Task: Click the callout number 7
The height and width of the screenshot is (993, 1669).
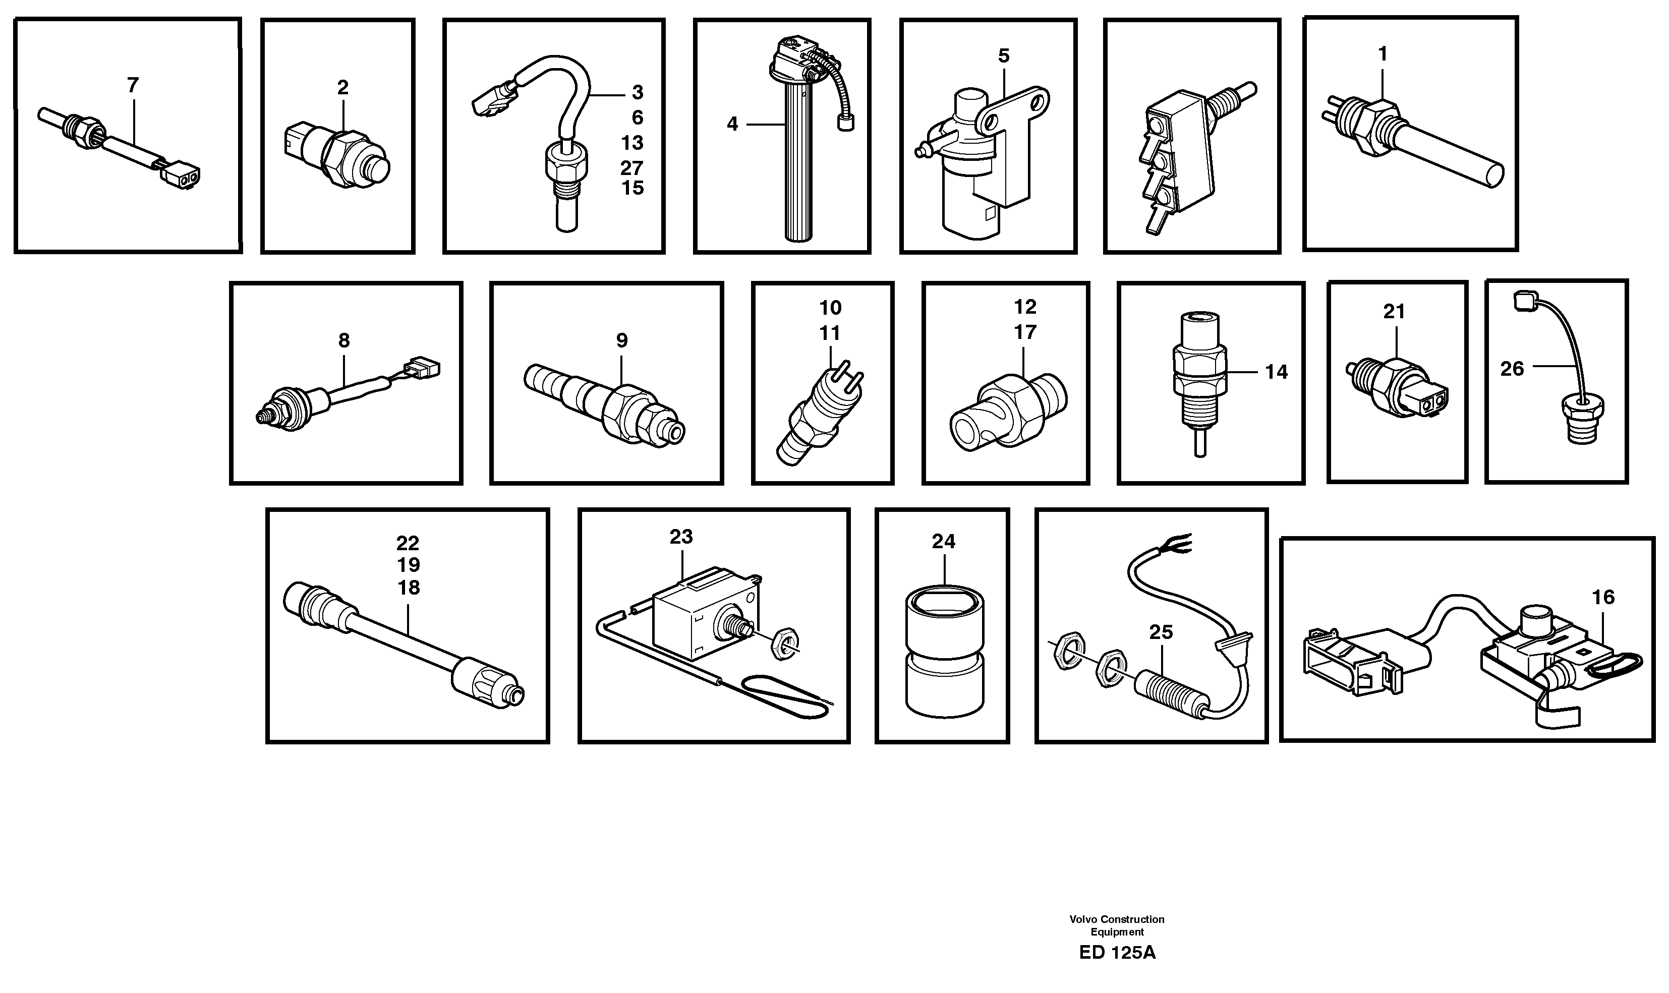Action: point(133,86)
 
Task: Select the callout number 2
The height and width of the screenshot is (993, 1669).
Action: point(342,88)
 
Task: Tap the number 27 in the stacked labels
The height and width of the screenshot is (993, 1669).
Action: point(631,167)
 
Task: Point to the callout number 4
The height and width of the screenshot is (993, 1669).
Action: point(732,125)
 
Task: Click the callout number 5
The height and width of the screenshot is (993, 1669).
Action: point(1003,56)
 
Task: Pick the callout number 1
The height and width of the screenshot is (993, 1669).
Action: point(1383,54)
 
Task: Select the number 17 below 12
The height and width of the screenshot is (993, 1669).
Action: point(1024,332)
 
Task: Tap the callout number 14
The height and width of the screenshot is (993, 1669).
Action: point(1276,372)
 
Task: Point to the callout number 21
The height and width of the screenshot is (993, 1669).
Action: point(1394,311)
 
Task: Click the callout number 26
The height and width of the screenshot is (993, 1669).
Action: point(1512,369)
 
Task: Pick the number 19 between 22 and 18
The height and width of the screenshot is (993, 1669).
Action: point(408,565)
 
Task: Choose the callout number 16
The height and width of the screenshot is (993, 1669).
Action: point(1603,597)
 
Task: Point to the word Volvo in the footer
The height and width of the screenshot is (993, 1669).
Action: point(1083,919)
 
